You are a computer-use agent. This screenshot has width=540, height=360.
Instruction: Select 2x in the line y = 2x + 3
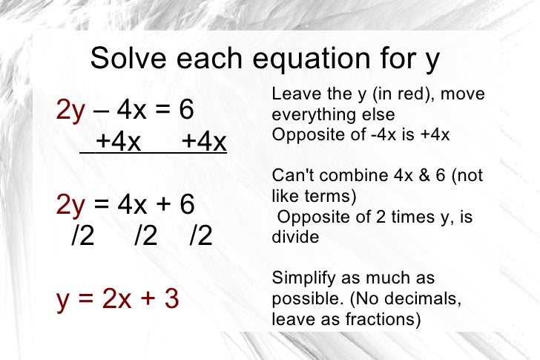pos(116,299)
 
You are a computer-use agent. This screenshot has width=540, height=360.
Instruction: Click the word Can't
pos(290,176)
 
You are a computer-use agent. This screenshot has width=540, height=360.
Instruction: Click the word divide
pos(295,238)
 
